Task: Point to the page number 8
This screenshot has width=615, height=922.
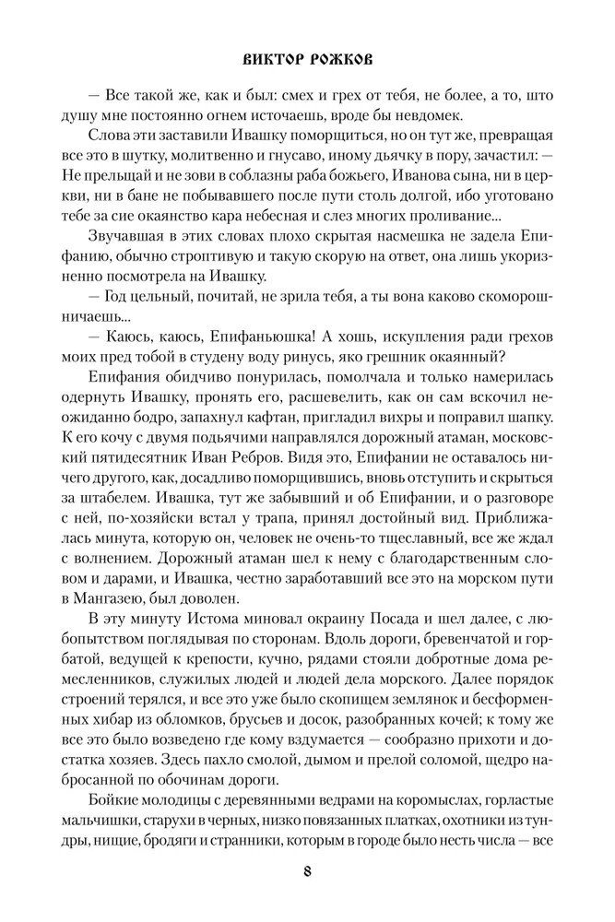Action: click(x=306, y=870)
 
